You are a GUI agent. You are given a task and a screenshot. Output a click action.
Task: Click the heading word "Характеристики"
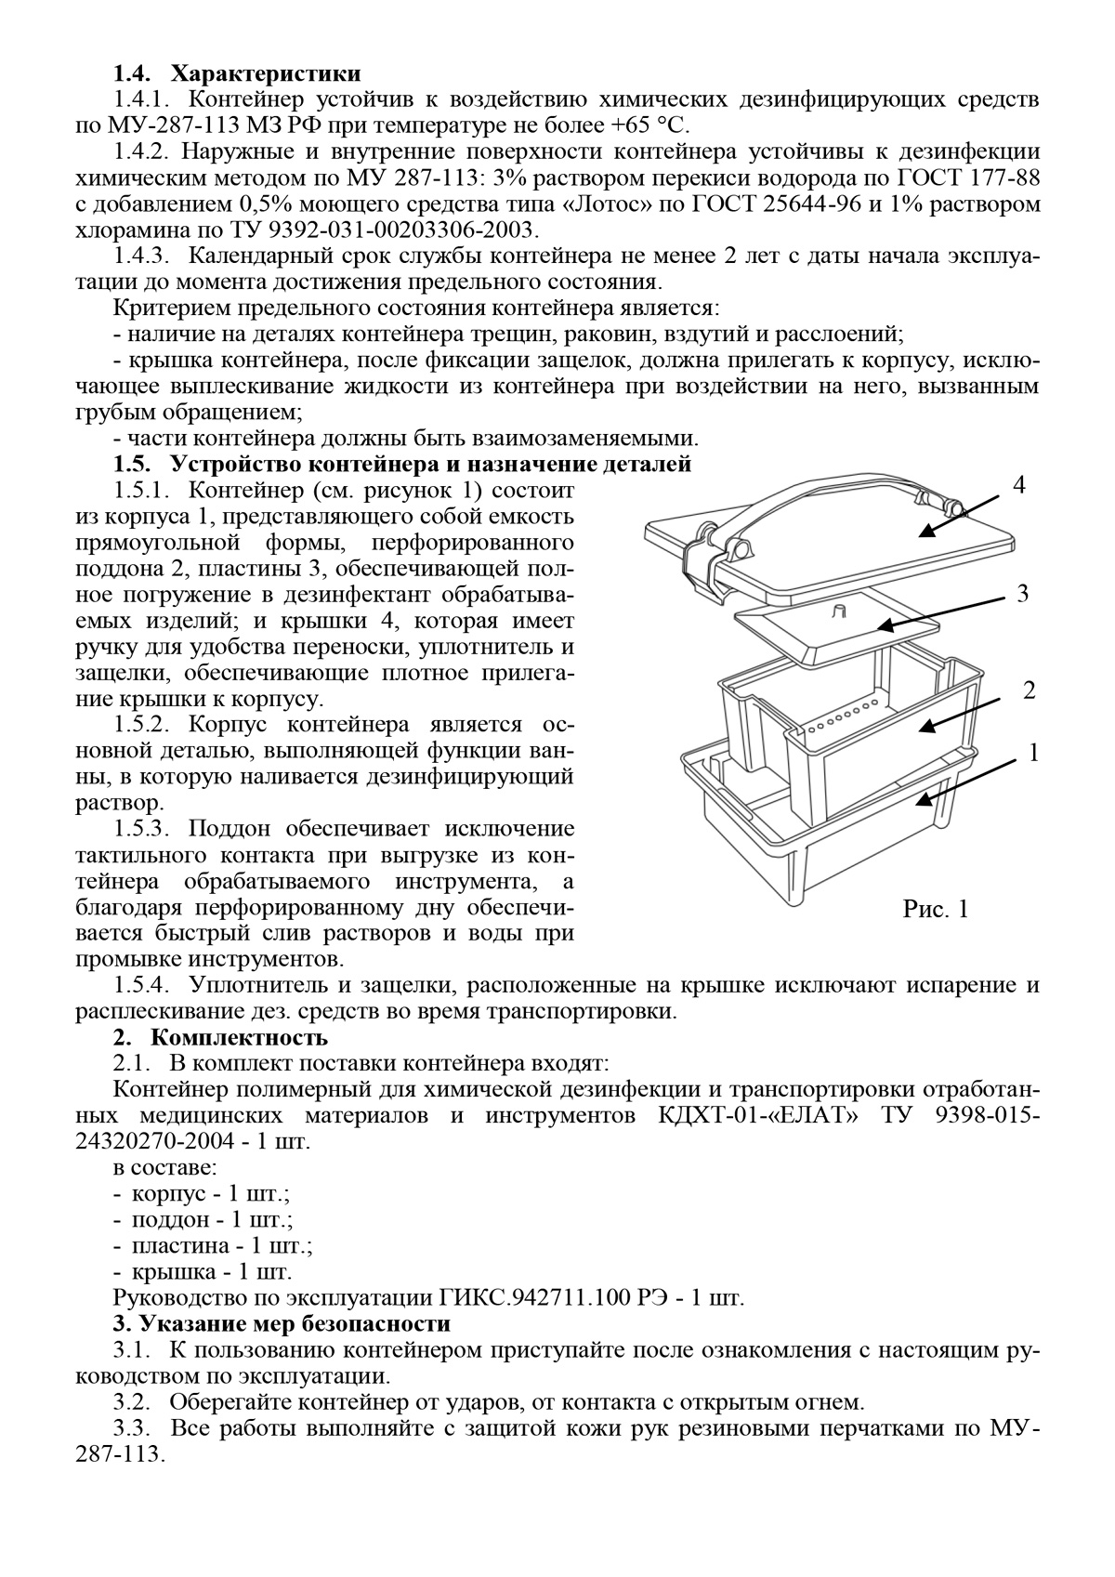pos(267,72)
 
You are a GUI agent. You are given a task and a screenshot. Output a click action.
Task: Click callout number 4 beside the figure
pos(1019,486)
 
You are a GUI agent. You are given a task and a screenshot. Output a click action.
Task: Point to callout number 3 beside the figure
pos(1022,595)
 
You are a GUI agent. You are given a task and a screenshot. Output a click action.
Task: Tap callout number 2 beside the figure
pos(1029,691)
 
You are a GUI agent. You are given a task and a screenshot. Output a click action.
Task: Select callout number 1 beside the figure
pos(1033,753)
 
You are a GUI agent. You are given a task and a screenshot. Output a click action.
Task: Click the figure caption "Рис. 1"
pos(935,909)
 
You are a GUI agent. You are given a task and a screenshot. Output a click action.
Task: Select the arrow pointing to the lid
pos(962,513)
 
